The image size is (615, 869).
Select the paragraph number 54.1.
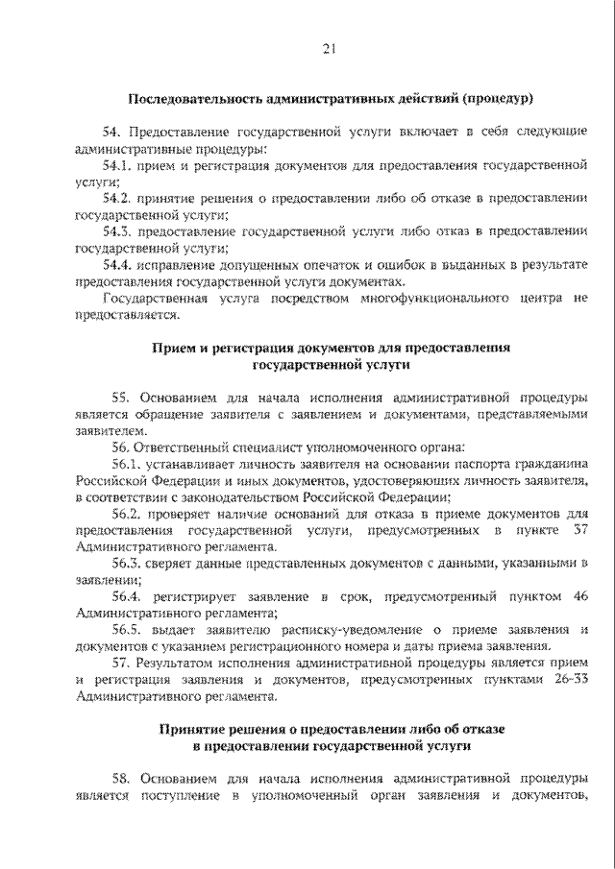[x=117, y=166]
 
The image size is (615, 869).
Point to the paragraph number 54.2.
[x=117, y=198]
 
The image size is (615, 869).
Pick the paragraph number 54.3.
[x=117, y=231]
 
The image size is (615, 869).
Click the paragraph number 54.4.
[x=117, y=264]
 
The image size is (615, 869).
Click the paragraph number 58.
[x=121, y=779]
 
